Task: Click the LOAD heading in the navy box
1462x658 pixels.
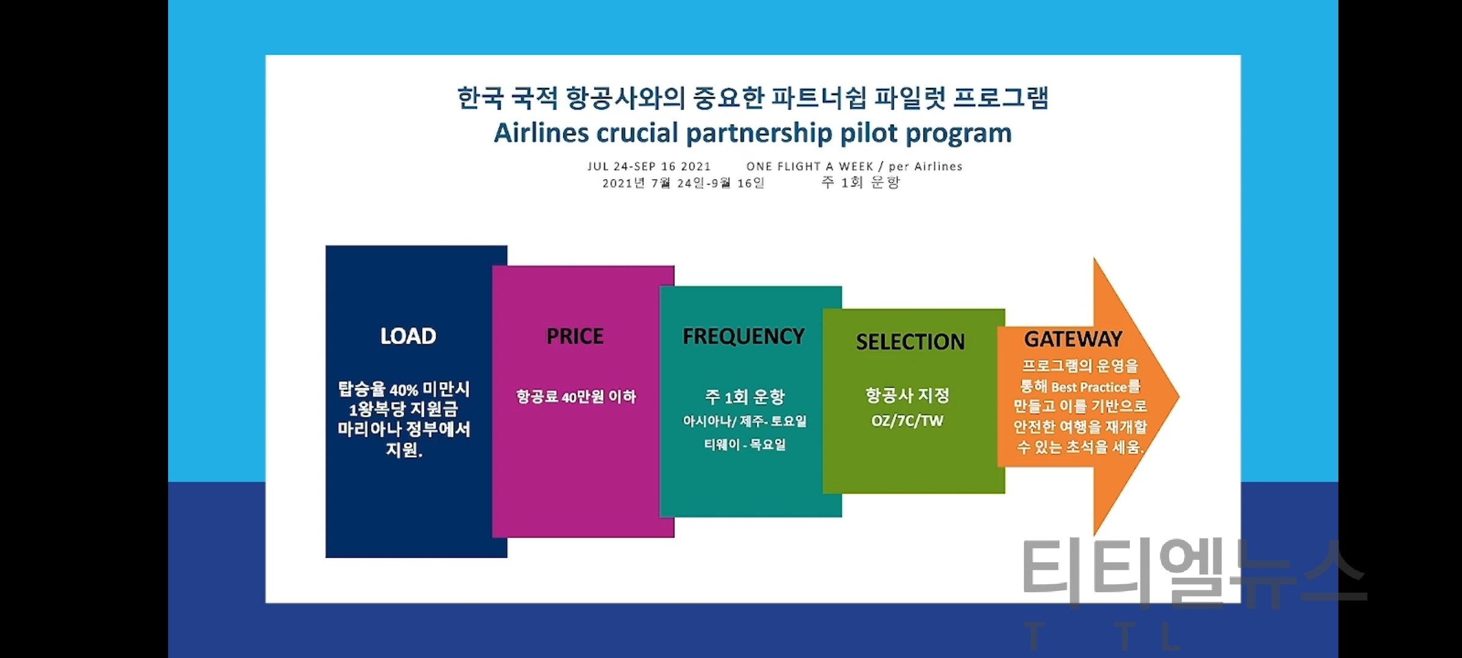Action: [408, 336]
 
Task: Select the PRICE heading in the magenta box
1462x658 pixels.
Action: [575, 336]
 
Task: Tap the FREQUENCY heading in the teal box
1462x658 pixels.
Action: [743, 336]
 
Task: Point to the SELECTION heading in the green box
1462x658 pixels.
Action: [910, 342]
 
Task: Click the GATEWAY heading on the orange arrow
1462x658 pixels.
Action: [1073, 339]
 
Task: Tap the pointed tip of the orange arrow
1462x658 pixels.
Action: [1179, 397]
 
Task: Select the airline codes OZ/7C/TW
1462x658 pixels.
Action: [907, 421]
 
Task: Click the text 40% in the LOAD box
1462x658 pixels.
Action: [404, 390]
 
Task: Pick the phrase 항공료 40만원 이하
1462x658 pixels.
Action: [576, 397]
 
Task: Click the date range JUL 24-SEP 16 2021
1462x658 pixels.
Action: [649, 166]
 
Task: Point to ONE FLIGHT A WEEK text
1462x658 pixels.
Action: [810, 166]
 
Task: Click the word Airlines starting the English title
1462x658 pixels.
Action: [541, 133]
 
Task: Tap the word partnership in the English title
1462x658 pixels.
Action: [759, 133]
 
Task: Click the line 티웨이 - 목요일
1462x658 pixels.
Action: [745, 445]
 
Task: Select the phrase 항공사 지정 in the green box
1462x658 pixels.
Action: [908, 396]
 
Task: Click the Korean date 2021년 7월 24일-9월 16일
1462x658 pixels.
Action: [683, 183]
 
